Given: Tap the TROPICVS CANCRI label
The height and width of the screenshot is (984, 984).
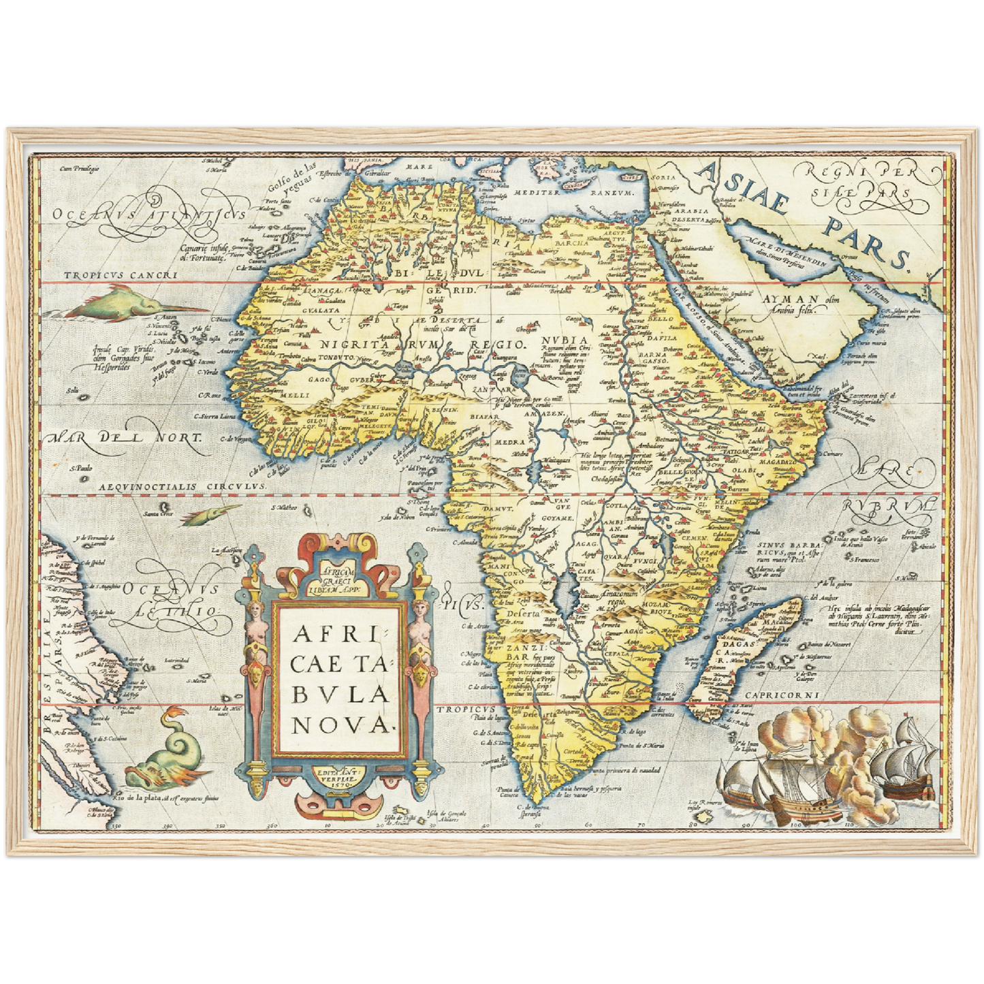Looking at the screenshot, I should (x=121, y=276).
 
